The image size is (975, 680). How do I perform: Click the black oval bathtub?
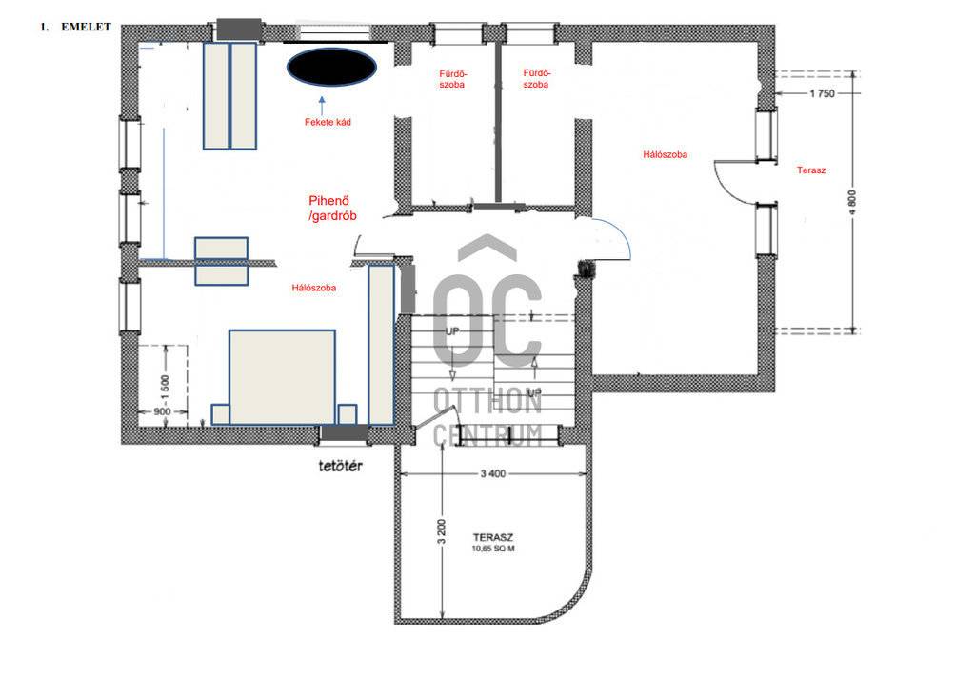331,67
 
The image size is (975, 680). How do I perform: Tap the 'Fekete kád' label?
328,122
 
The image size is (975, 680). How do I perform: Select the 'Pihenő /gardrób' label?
332,209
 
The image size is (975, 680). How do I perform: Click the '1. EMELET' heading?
75,27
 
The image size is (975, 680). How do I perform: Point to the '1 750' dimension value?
822,93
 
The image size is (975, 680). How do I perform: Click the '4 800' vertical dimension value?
852,202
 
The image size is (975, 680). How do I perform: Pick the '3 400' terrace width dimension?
493,473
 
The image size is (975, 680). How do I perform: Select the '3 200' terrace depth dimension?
442,531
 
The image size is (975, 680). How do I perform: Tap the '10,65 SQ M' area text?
493,549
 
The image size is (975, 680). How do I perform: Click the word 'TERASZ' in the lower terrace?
493,537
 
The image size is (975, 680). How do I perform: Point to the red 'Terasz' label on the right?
811,170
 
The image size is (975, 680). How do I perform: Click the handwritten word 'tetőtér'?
340,466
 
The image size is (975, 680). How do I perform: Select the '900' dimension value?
162,411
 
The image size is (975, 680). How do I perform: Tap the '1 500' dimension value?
165,389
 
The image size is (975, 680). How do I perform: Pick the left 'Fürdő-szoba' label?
452,79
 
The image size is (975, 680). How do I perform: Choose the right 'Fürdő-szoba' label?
536,78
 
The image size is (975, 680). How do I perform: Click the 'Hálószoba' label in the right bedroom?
666,154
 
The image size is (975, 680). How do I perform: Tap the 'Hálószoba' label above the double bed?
314,288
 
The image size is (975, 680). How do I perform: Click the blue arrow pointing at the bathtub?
322,105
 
